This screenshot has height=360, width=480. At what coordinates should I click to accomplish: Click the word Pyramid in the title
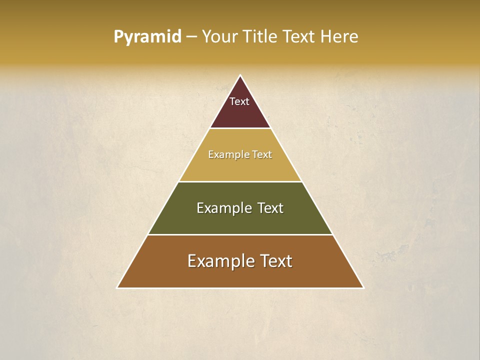147,36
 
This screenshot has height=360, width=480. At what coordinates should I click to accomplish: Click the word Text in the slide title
300,36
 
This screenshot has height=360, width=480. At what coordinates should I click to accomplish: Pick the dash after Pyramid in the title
191,37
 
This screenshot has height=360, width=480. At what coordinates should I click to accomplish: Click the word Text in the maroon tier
239,101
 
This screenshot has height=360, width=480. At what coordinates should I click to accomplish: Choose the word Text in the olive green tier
270,208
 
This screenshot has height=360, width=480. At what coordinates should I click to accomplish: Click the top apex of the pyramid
240,75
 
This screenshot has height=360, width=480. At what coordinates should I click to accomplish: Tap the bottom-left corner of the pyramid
117,287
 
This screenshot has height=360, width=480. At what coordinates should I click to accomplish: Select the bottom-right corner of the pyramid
363,287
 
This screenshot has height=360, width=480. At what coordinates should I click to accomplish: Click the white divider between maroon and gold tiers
240,128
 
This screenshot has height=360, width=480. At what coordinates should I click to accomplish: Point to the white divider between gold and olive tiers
240,181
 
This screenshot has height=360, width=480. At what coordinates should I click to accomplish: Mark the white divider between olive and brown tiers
240,234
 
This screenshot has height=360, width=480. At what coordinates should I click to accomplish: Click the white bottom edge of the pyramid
240,288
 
